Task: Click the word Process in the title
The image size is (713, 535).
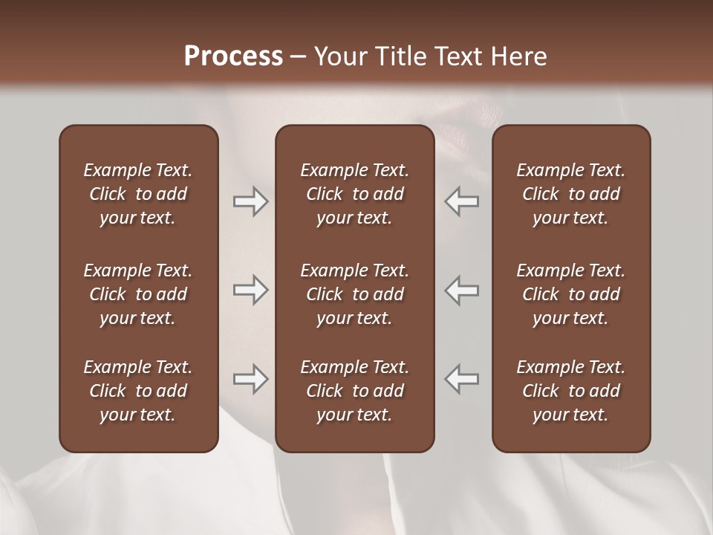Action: coord(233,56)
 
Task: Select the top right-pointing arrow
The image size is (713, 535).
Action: coord(251,201)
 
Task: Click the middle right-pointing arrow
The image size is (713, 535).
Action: coord(251,290)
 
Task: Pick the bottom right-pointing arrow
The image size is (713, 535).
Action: coord(251,379)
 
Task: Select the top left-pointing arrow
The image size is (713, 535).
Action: coord(462,201)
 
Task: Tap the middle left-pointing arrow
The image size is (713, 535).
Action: coord(462,290)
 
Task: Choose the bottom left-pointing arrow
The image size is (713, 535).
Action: coord(462,379)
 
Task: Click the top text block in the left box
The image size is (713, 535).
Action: coord(138,194)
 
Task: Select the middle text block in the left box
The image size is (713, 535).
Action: coord(138,294)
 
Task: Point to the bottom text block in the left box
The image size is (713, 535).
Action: coord(138,391)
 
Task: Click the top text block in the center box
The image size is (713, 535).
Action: coord(355,194)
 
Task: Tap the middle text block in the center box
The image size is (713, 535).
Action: coord(355,294)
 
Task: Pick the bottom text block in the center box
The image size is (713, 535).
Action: coord(355,391)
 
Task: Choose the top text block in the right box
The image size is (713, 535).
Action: coord(571,194)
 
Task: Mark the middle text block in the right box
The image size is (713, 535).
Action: coord(571,294)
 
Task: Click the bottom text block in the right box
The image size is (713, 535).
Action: coord(571,391)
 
